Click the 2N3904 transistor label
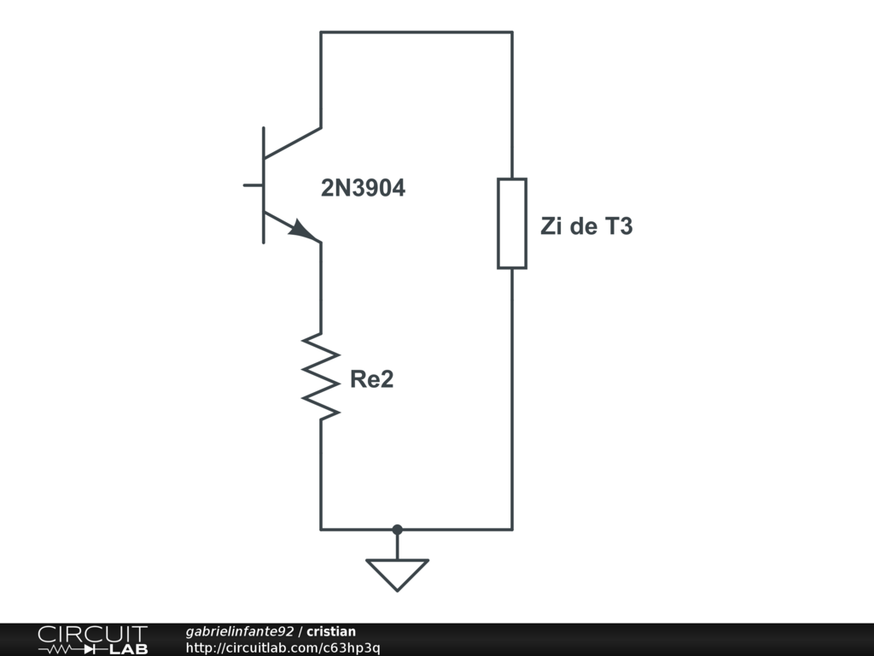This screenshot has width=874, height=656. pyautogui.click(x=363, y=188)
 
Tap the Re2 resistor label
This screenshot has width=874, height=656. pyautogui.click(x=372, y=379)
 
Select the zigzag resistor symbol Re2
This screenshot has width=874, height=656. pyautogui.click(x=321, y=376)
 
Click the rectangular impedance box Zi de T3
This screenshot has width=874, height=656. pyautogui.click(x=512, y=223)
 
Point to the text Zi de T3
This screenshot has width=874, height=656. pyautogui.click(x=586, y=227)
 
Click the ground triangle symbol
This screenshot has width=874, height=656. pyautogui.click(x=397, y=572)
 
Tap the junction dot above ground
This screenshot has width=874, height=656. pyautogui.click(x=397, y=530)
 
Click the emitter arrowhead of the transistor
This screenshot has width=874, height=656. pyautogui.click(x=300, y=229)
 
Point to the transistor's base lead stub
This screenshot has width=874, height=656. pyautogui.click(x=253, y=184)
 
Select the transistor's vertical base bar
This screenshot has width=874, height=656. pyautogui.click(x=263, y=184)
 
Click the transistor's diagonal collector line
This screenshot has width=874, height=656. pyautogui.click(x=293, y=143)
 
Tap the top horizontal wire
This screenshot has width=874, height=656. pyautogui.click(x=417, y=32)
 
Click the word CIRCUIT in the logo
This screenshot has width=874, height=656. pyautogui.click(x=92, y=634)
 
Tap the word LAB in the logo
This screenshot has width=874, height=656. pyautogui.click(x=129, y=649)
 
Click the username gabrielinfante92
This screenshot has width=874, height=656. pyautogui.click(x=239, y=631)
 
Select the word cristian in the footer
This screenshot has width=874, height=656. pyautogui.click(x=331, y=631)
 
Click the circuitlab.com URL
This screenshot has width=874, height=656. pyautogui.click(x=283, y=647)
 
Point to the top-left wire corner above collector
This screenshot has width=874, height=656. pyautogui.click(x=321, y=32)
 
